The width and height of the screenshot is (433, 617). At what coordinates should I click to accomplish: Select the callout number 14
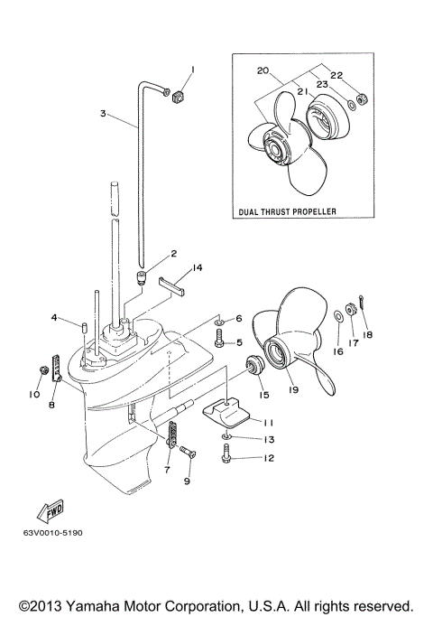pyautogui.click(x=198, y=267)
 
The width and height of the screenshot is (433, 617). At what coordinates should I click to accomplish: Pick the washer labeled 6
pyautogui.click(x=219, y=321)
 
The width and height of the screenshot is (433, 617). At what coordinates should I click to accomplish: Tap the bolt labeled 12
pyautogui.click(x=226, y=459)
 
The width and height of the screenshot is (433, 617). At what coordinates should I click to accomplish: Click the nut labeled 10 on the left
pyautogui.click(x=43, y=370)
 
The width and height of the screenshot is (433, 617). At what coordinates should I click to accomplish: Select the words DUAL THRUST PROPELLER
pyautogui.click(x=286, y=210)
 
